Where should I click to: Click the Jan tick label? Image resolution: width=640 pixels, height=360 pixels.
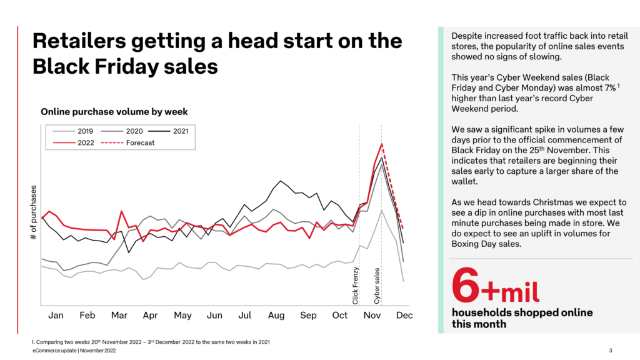[56, 316]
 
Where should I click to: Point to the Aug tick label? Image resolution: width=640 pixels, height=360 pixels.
[276, 316]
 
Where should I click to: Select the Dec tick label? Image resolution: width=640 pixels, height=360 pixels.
[404, 316]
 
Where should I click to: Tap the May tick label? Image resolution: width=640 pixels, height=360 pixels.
[182, 316]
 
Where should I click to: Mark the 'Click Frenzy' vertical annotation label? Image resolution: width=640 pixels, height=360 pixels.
[356, 285]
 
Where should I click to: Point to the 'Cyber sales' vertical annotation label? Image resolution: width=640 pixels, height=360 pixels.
[377, 286]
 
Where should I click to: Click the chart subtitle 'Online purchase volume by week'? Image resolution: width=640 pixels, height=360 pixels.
[114, 112]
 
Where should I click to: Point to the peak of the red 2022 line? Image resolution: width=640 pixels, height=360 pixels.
[381, 144]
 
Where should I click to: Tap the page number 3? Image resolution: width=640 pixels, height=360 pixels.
[610, 350]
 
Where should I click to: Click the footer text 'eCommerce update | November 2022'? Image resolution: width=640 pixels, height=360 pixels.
[74, 351]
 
